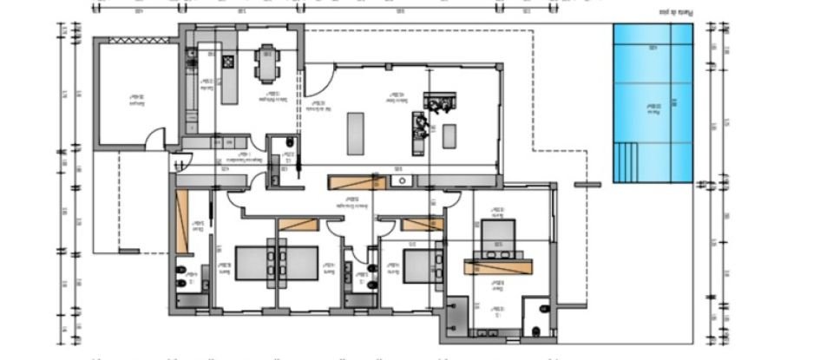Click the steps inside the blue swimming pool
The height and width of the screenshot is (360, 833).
(626, 161)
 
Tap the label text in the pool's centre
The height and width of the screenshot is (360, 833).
(653, 108)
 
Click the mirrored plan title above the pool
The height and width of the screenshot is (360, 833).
(664, 13)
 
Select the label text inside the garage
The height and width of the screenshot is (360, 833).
(134, 97)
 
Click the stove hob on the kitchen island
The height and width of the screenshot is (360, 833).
(228, 62)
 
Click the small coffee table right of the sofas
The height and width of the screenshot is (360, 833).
(449, 136)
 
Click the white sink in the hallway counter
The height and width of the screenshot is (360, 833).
(402, 182)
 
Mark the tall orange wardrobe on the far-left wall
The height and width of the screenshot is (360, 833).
(182, 222)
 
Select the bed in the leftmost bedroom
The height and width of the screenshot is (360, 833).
(277, 261)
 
